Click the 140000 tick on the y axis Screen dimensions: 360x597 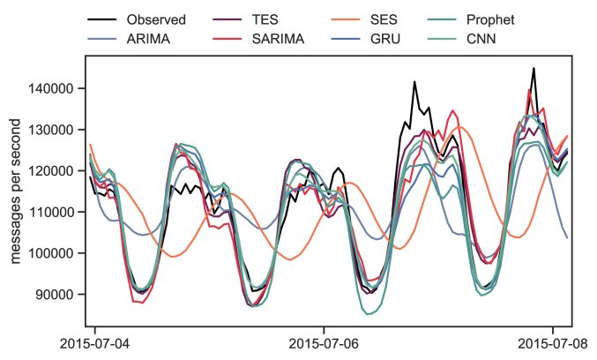pos(55,88)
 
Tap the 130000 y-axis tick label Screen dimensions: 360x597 pos(55,130)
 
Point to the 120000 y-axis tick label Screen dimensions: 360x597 pos(55,171)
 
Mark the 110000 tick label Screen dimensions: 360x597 pos(55,212)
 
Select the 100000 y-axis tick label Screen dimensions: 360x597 pos(55,253)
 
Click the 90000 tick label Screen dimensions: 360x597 pos(58,295)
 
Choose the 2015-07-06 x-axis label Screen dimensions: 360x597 pos(324,342)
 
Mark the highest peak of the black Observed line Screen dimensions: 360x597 pos(534,68)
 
